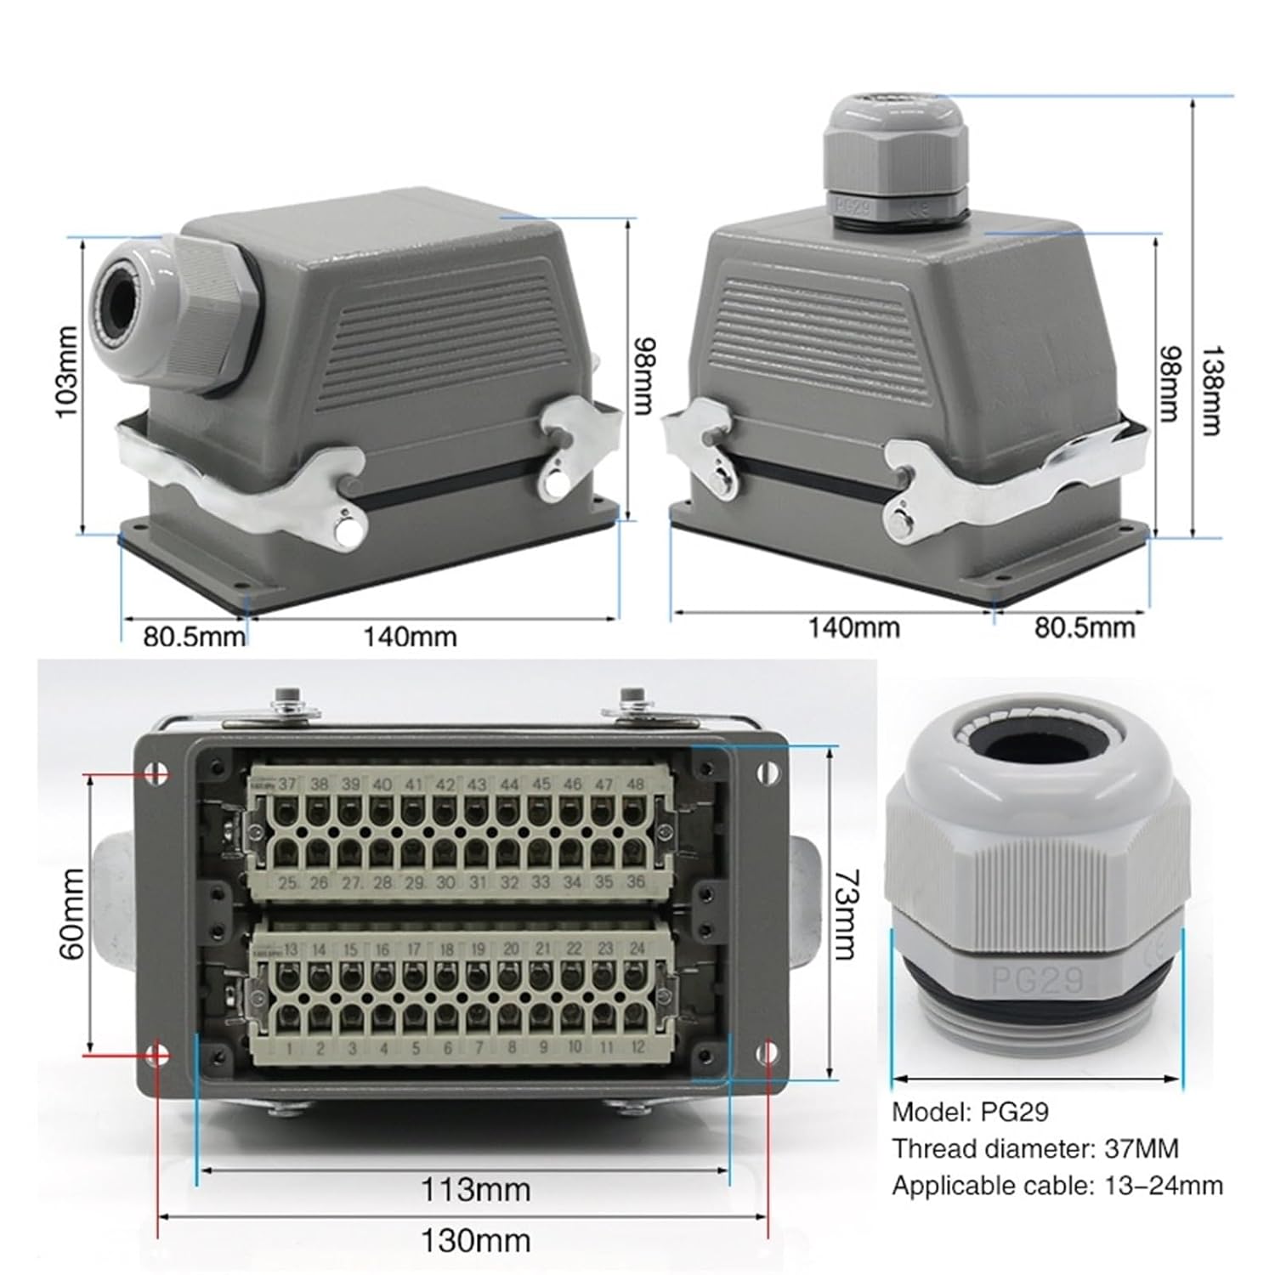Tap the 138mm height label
[x=1210, y=389]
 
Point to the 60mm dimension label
[x=72, y=914]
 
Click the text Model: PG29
[x=970, y=1111]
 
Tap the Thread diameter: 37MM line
[x=1034, y=1148]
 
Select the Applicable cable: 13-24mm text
[x=1057, y=1185]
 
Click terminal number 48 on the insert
[x=634, y=784]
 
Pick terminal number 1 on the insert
[x=289, y=1049]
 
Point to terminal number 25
[x=289, y=883]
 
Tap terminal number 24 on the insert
[x=637, y=949]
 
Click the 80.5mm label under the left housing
[x=193, y=637]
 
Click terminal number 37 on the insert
[x=287, y=784]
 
